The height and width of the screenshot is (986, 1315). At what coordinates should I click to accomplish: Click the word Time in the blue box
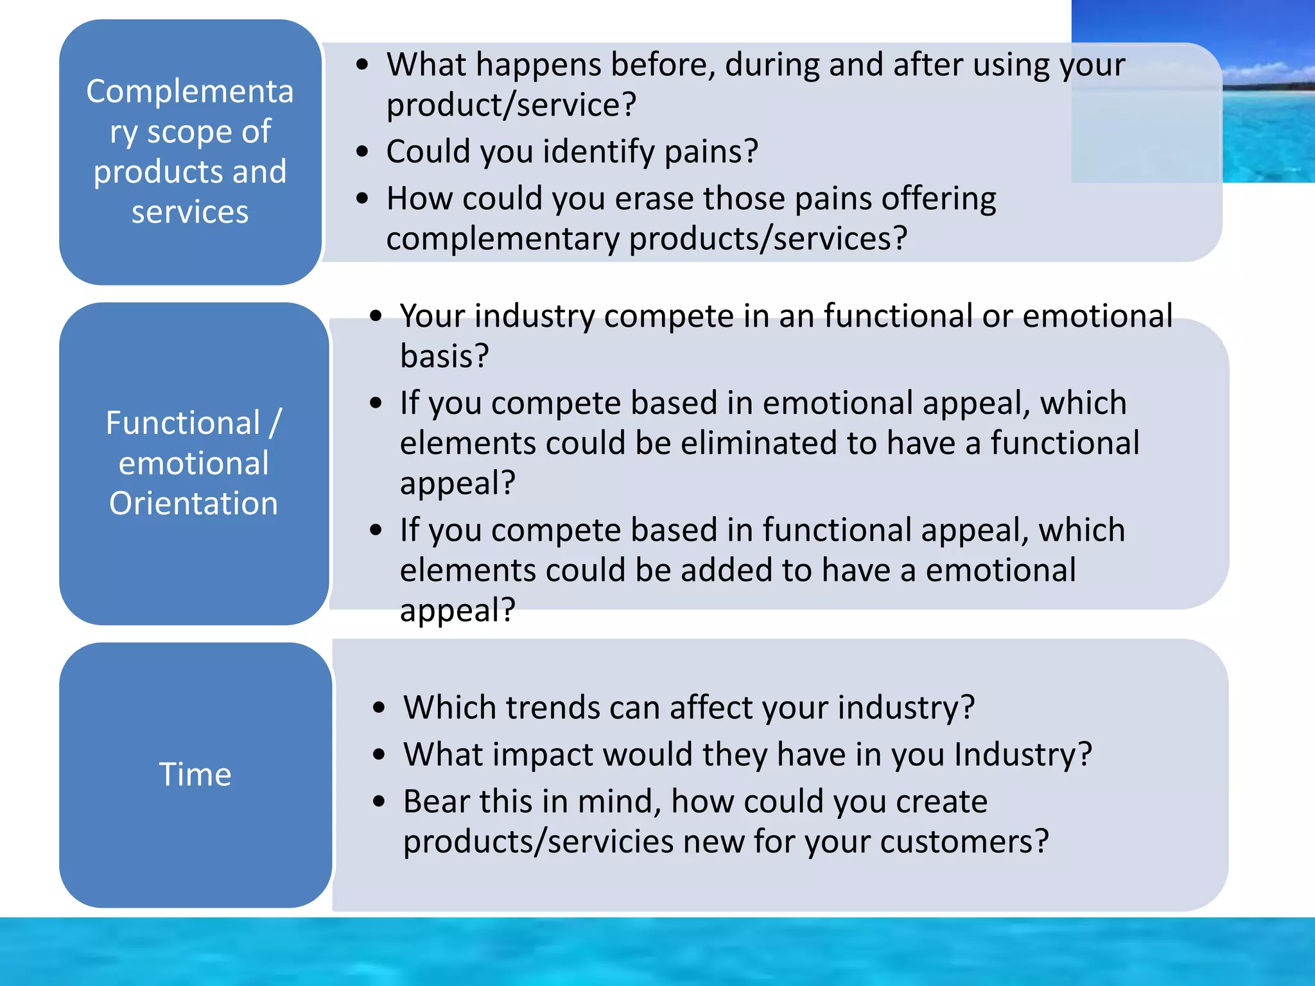click(195, 774)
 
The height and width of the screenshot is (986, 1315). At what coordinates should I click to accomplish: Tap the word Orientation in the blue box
click(193, 503)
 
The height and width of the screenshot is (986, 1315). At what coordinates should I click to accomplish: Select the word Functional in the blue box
click(183, 423)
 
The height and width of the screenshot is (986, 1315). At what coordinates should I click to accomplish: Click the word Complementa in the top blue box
click(190, 91)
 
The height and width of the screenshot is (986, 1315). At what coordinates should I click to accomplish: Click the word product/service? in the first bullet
click(511, 105)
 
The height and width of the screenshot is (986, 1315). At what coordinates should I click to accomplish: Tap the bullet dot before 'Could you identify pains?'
click(363, 152)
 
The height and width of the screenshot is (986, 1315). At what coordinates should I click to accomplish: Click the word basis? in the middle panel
click(444, 356)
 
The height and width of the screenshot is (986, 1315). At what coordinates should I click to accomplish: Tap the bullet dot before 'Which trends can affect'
click(379, 708)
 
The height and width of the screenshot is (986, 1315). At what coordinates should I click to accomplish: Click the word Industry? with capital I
click(1023, 755)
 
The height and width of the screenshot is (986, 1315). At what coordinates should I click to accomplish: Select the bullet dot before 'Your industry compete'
click(376, 316)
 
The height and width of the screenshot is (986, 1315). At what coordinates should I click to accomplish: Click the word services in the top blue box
click(190, 212)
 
